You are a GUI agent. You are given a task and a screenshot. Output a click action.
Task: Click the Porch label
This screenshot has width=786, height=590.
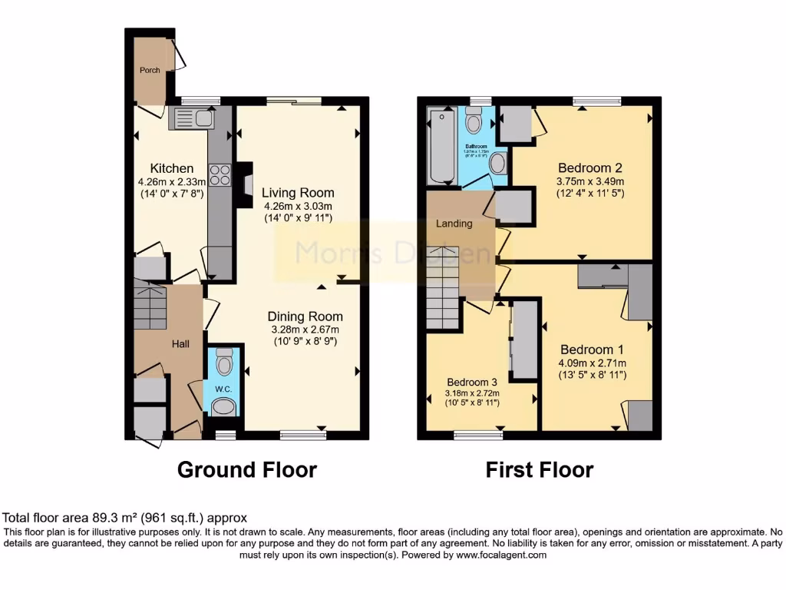pos(150,70)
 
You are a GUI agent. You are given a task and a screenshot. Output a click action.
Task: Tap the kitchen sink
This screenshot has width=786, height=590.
pos(194,119)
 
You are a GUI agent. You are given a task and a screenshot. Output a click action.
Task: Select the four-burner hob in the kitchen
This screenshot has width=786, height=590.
pos(220,175)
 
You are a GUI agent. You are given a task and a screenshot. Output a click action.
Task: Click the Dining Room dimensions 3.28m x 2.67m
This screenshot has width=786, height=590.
pos(305,329)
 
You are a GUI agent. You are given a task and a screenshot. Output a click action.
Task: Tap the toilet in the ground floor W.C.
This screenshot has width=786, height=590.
pos(224,360)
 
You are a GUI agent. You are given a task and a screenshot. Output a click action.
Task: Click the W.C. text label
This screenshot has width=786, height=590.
pos(223,389)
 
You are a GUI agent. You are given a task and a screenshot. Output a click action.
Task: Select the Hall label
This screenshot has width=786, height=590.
pos(180,344)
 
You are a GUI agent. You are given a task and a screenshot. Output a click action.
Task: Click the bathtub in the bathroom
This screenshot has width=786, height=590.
pos(441,146)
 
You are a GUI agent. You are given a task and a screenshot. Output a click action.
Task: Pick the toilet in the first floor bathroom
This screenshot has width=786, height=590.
pos(474,121)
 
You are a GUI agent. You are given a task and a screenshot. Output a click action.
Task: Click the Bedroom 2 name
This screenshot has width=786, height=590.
pos(589,168)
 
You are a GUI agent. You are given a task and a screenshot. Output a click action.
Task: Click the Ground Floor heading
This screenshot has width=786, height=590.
pos(247,469)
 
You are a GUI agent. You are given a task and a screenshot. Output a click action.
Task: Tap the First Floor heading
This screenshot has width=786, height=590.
pos(540,469)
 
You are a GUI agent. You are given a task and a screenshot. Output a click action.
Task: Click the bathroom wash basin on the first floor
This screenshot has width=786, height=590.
pos(497,162)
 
